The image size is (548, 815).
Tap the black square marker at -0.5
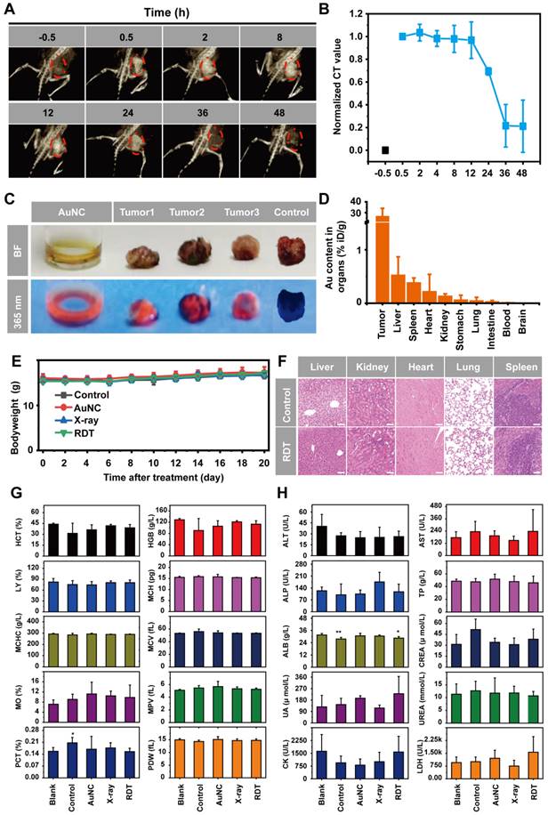385,150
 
